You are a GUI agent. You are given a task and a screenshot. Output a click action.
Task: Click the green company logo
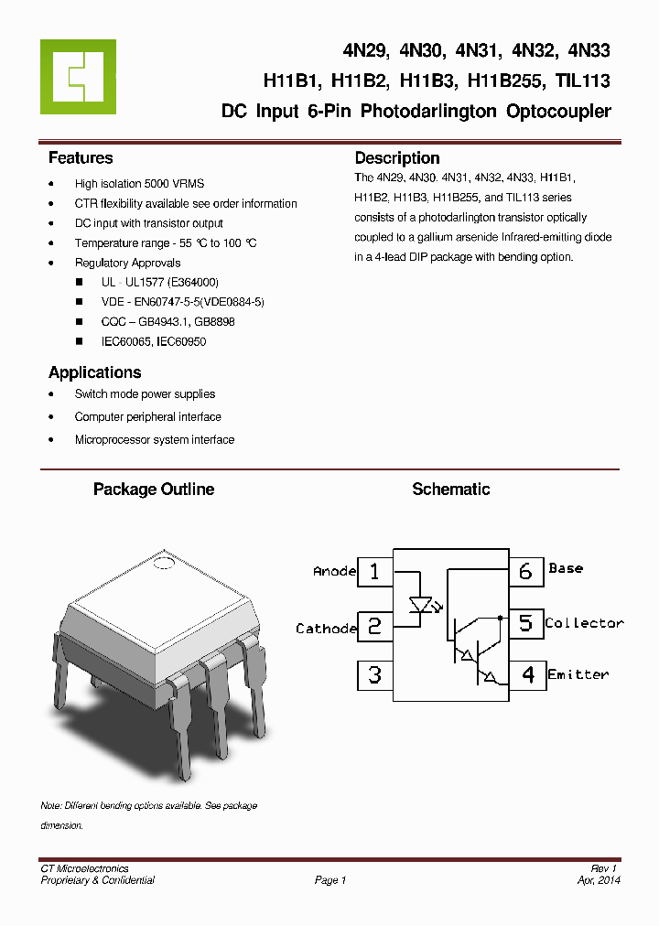click(x=79, y=77)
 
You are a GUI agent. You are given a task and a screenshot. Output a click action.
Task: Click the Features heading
click(x=81, y=158)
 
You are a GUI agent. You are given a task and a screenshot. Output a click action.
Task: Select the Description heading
click(x=397, y=158)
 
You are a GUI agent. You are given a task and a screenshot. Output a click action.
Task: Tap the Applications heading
click(x=94, y=372)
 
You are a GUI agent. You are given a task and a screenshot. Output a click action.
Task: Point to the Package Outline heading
click(x=154, y=490)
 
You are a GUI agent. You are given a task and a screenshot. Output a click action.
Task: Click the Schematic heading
click(x=450, y=490)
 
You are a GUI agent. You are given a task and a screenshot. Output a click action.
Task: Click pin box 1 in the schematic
click(x=374, y=572)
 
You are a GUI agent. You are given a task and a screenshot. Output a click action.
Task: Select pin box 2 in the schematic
click(x=374, y=626)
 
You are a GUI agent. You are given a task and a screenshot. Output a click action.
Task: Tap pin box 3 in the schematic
click(x=374, y=675)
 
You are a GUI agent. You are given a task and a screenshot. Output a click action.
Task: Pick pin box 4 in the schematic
click(x=527, y=675)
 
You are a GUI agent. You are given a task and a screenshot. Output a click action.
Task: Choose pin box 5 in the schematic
click(x=525, y=623)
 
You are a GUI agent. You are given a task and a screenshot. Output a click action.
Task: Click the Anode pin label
click(x=334, y=571)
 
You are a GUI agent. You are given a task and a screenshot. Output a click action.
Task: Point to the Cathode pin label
click(x=326, y=629)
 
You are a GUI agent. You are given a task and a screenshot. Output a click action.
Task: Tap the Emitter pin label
click(x=578, y=674)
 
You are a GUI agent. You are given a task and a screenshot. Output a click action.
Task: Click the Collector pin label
click(x=584, y=623)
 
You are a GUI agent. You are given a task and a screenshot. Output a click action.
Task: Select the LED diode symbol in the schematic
click(x=421, y=605)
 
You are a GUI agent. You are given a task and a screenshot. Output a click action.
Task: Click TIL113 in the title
click(x=582, y=81)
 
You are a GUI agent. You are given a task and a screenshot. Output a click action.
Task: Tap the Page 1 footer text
click(x=330, y=880)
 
